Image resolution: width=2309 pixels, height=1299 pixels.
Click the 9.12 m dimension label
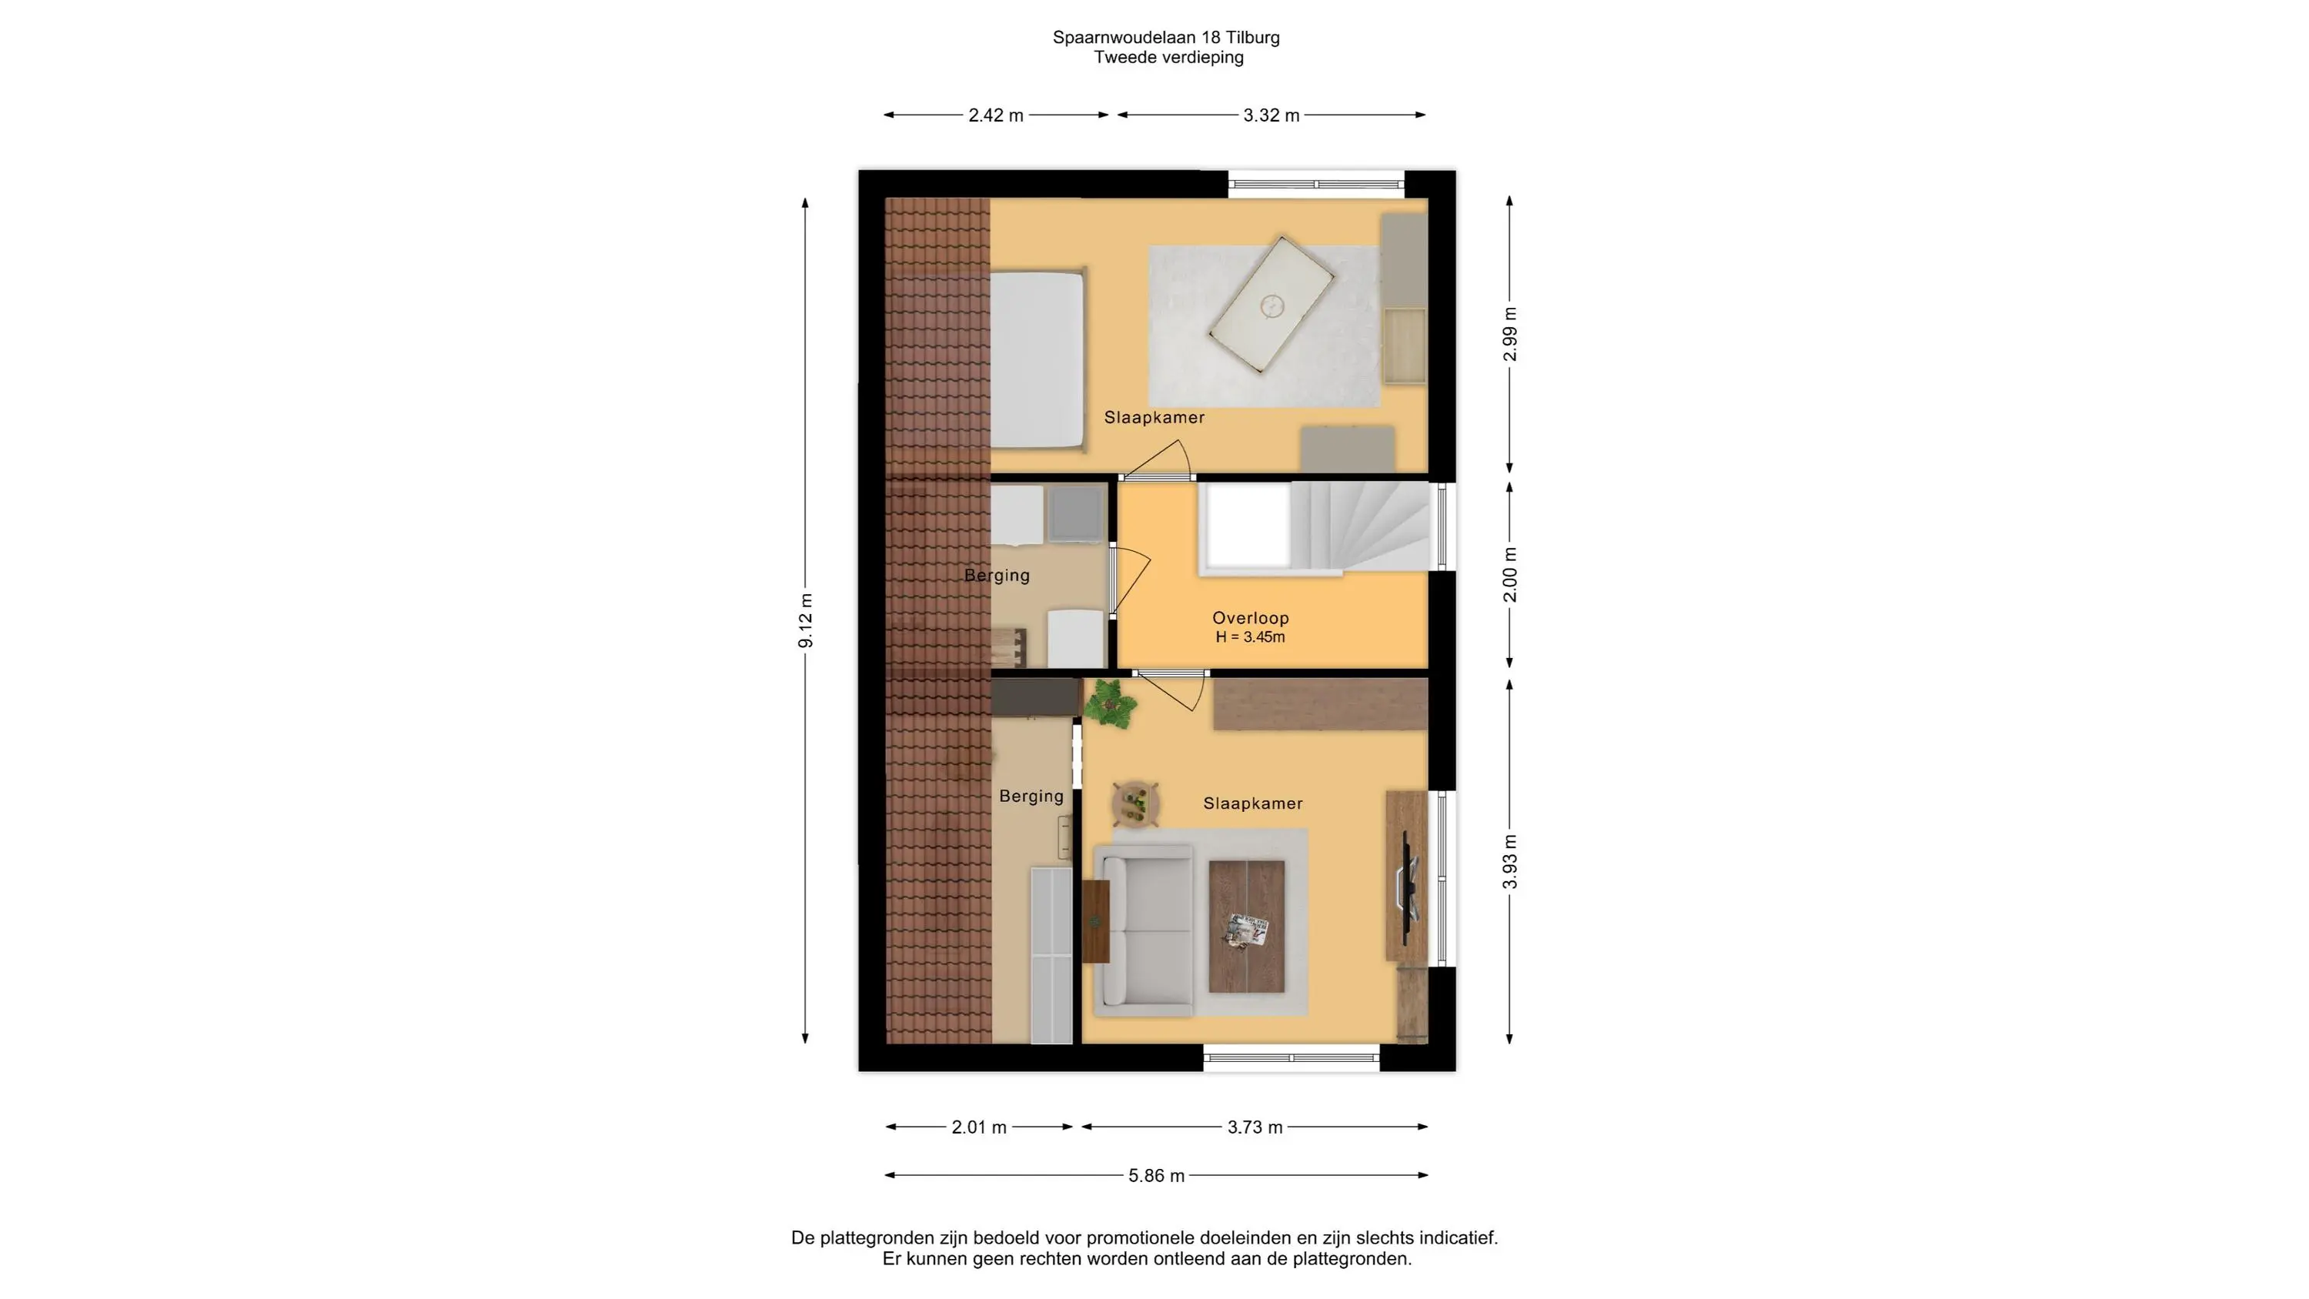tap(806, 620)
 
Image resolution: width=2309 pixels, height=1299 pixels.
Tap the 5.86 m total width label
tap(1156, 1175)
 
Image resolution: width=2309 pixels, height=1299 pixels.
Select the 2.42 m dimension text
tap(996, 115)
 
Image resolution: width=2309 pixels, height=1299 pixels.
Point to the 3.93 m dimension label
tap(1510, 862)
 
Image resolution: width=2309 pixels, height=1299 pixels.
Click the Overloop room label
tap(1251, 618)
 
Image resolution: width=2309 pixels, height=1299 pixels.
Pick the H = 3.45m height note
tap(1251, 637)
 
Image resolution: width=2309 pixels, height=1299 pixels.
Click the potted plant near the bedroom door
tap(1110, 703)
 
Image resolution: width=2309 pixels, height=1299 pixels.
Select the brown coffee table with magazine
tap(1247, 926)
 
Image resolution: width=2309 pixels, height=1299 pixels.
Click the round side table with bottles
tap(1137, 803)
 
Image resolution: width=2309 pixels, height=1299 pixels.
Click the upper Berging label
tap(997, 576)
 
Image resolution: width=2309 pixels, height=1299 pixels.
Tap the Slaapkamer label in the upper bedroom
tap(1154, 418)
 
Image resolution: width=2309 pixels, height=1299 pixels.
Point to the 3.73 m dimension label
tap(1255, 1127)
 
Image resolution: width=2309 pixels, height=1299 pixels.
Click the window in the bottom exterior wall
tap(1292, 1058)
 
